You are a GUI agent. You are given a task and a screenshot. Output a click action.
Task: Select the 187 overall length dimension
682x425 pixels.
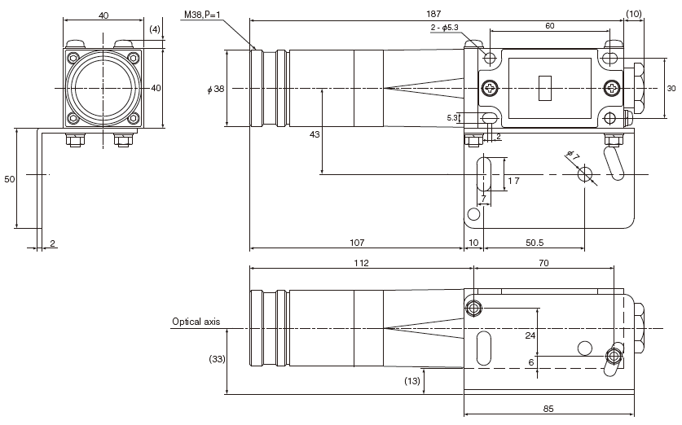(433, 13)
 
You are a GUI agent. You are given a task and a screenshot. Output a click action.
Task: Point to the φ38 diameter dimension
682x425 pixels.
(215, 89)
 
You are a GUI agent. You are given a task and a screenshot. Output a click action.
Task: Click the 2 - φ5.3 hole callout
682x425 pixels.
(446, 28)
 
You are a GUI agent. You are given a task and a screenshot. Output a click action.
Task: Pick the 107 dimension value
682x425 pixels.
(356, 242)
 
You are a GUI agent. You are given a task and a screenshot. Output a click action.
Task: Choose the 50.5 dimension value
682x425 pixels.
(535, 242)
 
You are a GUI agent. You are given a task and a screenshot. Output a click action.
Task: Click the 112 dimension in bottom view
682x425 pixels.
(361, 263)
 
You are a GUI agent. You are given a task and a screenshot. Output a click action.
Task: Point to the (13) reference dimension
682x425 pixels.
(412, 381)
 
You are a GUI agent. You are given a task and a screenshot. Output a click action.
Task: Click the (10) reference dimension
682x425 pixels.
(634, 13)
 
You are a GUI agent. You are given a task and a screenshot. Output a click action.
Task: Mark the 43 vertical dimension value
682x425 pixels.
(315, 135)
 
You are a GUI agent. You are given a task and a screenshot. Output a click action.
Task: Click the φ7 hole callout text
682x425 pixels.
(572, 155)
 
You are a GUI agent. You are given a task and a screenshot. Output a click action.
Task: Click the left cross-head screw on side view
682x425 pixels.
(489, 88)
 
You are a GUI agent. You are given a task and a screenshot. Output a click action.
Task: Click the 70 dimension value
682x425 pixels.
(543, 263)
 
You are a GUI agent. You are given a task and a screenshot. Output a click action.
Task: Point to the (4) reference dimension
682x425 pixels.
(154, 29)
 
